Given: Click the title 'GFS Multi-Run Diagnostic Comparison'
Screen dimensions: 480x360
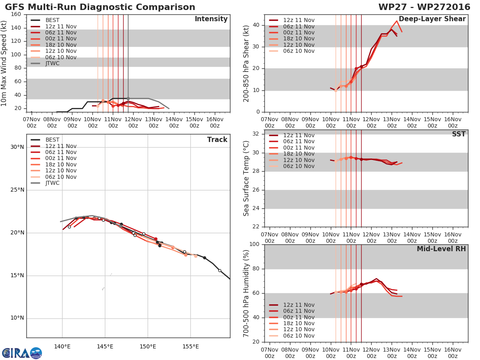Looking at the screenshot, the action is (x=100, y=7).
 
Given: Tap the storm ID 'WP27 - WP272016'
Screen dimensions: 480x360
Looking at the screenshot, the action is (x=424, y=7).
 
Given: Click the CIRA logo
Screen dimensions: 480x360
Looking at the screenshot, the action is (x=22, y=353).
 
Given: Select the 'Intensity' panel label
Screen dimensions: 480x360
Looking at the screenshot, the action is (x=211, y=19).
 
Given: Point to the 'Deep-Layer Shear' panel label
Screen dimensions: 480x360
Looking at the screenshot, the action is (x=432, y=19).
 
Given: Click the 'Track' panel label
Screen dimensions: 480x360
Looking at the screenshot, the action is (x=217, y=140).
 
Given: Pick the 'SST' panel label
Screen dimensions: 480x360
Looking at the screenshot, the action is (x=458, y=134).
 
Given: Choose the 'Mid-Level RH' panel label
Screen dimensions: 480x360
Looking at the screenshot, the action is (x=441, y=249).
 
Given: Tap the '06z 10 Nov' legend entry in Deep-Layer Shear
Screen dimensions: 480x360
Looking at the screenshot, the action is (x=292, y=51).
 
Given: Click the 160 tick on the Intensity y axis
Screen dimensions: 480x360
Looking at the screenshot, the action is (x=16, y=14).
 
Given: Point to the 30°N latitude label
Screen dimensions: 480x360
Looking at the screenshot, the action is (x=17, y=147).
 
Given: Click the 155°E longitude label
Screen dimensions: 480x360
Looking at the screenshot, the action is (x=190, y=346).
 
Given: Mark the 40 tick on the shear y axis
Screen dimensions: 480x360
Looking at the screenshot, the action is (x=256, y=25).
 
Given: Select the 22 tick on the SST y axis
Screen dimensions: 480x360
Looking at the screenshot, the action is (x=256, y=227).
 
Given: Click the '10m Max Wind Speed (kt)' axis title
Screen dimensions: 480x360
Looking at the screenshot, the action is (x=4, y=63).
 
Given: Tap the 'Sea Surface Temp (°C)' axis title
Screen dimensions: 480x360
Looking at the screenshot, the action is (x=246, y=178).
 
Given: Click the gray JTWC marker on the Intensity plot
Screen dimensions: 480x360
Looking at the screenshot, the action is (x=128, y=99).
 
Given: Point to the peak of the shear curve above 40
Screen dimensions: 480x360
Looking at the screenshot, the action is (x=397, y=21).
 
